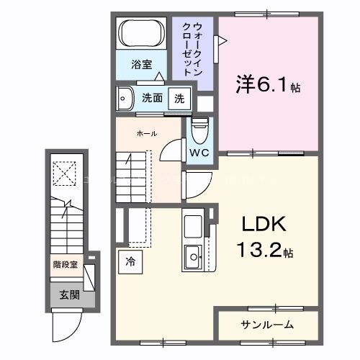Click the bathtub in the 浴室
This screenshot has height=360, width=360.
coord(143,35)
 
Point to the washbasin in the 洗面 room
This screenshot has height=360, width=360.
coord(126,97)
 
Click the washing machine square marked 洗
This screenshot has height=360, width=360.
coord(178,99)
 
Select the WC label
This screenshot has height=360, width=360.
coord(199,153)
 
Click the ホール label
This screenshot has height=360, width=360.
coord(146,133)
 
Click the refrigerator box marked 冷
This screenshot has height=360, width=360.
coord(130,261)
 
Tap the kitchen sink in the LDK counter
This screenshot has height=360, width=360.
coord(193,254)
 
